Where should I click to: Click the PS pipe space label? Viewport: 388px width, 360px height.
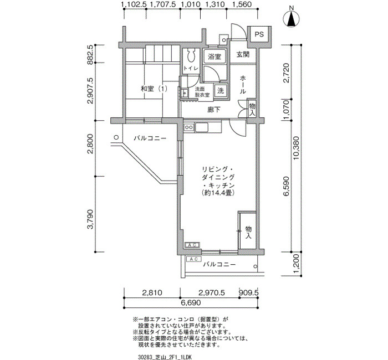pos(259,34)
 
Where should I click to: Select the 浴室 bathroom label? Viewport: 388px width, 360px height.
pos(215,56)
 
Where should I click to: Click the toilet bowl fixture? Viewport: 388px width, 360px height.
pos(191,55)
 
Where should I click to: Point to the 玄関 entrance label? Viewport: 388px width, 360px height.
pos(243,54)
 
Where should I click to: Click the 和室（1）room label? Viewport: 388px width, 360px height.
pos(154,89)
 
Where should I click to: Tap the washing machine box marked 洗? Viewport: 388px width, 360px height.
pos(221,90)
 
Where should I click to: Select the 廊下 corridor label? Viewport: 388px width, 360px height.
pos(214,110)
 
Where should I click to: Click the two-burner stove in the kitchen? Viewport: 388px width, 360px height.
pos(189,127)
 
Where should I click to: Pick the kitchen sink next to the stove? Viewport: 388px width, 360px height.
pos(202,127)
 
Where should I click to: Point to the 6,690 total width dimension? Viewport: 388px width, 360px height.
pos(191,302)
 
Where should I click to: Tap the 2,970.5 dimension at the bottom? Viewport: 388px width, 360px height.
pos(212,293)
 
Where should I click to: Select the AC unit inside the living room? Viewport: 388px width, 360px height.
pos(192,245)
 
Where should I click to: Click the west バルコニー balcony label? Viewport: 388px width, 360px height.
pos(150,138)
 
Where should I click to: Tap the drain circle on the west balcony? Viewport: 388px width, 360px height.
pos(116,137)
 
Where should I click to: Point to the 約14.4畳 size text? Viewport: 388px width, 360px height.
pos(218,193)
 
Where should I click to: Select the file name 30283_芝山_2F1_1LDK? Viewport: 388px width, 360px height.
pos(165,357)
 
